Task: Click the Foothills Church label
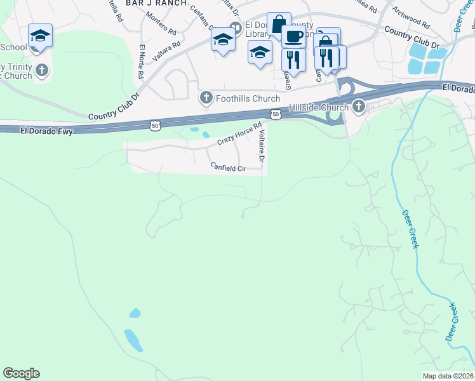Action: click(x=248, y=98)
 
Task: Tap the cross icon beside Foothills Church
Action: click(x=206, y=98)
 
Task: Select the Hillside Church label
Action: click(x=319, y=107)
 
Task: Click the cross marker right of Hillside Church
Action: click(x=359, y=106)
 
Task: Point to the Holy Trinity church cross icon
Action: click(x=42, y=70)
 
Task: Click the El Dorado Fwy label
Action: click(x=46, y=131)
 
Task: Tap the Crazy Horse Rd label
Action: click(x=239, y=133)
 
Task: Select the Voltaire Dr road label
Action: click(x=262, y=145)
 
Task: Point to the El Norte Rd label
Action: click(x=140, y=62)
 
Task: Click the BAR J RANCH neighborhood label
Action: click(x=156, y=3)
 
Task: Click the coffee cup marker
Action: click(x=293, y=36)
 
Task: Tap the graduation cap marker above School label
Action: click(x=40, y=36)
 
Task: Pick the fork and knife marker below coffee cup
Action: click(x=293, y=60)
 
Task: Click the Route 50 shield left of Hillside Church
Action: click(x=274, y=114)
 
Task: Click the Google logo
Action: click(x=21, y=373)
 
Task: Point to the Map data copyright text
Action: click(x=448, y=376)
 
